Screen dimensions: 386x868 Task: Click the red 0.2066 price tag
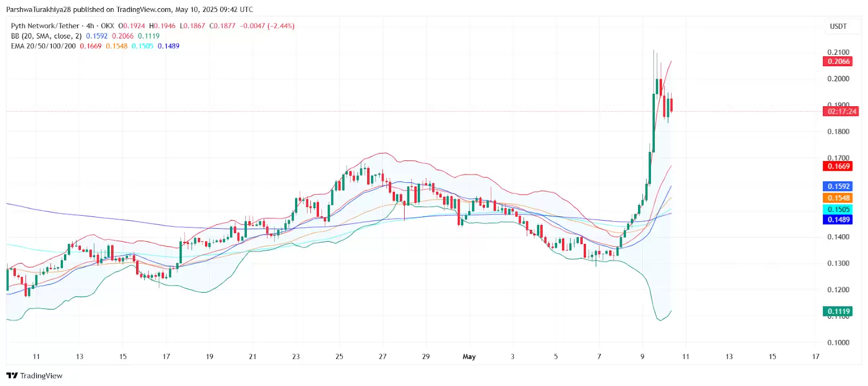(x=838, y=61)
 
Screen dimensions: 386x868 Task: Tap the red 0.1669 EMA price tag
(x=838, y=166)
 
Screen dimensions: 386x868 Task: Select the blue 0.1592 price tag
(x=838, y=186)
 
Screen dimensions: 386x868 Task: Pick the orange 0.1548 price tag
(x=838, y=198)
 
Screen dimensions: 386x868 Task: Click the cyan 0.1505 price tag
(x=838, y=210)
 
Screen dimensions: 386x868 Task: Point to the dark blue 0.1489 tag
(x=838, y=220)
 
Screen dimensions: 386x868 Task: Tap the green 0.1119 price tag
(x=838, y=311)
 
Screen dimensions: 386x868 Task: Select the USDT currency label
(x=838, y=26)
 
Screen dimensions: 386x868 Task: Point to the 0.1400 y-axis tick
(x=838, y=237)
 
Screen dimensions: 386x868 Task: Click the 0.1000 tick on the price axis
(x=838, y=343)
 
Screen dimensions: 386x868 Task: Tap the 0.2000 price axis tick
(x=838, y=79)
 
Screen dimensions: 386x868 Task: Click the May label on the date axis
(x=469, y=357)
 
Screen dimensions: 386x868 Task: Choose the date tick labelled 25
(x=339, y=357)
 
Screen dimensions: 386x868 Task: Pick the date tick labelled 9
(x=642, y=357)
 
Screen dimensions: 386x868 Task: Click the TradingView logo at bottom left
(x=35, y=376)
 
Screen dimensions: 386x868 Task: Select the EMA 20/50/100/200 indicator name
(x=43, y=46)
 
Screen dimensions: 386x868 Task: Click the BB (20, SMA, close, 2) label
(x=46, y=36)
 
